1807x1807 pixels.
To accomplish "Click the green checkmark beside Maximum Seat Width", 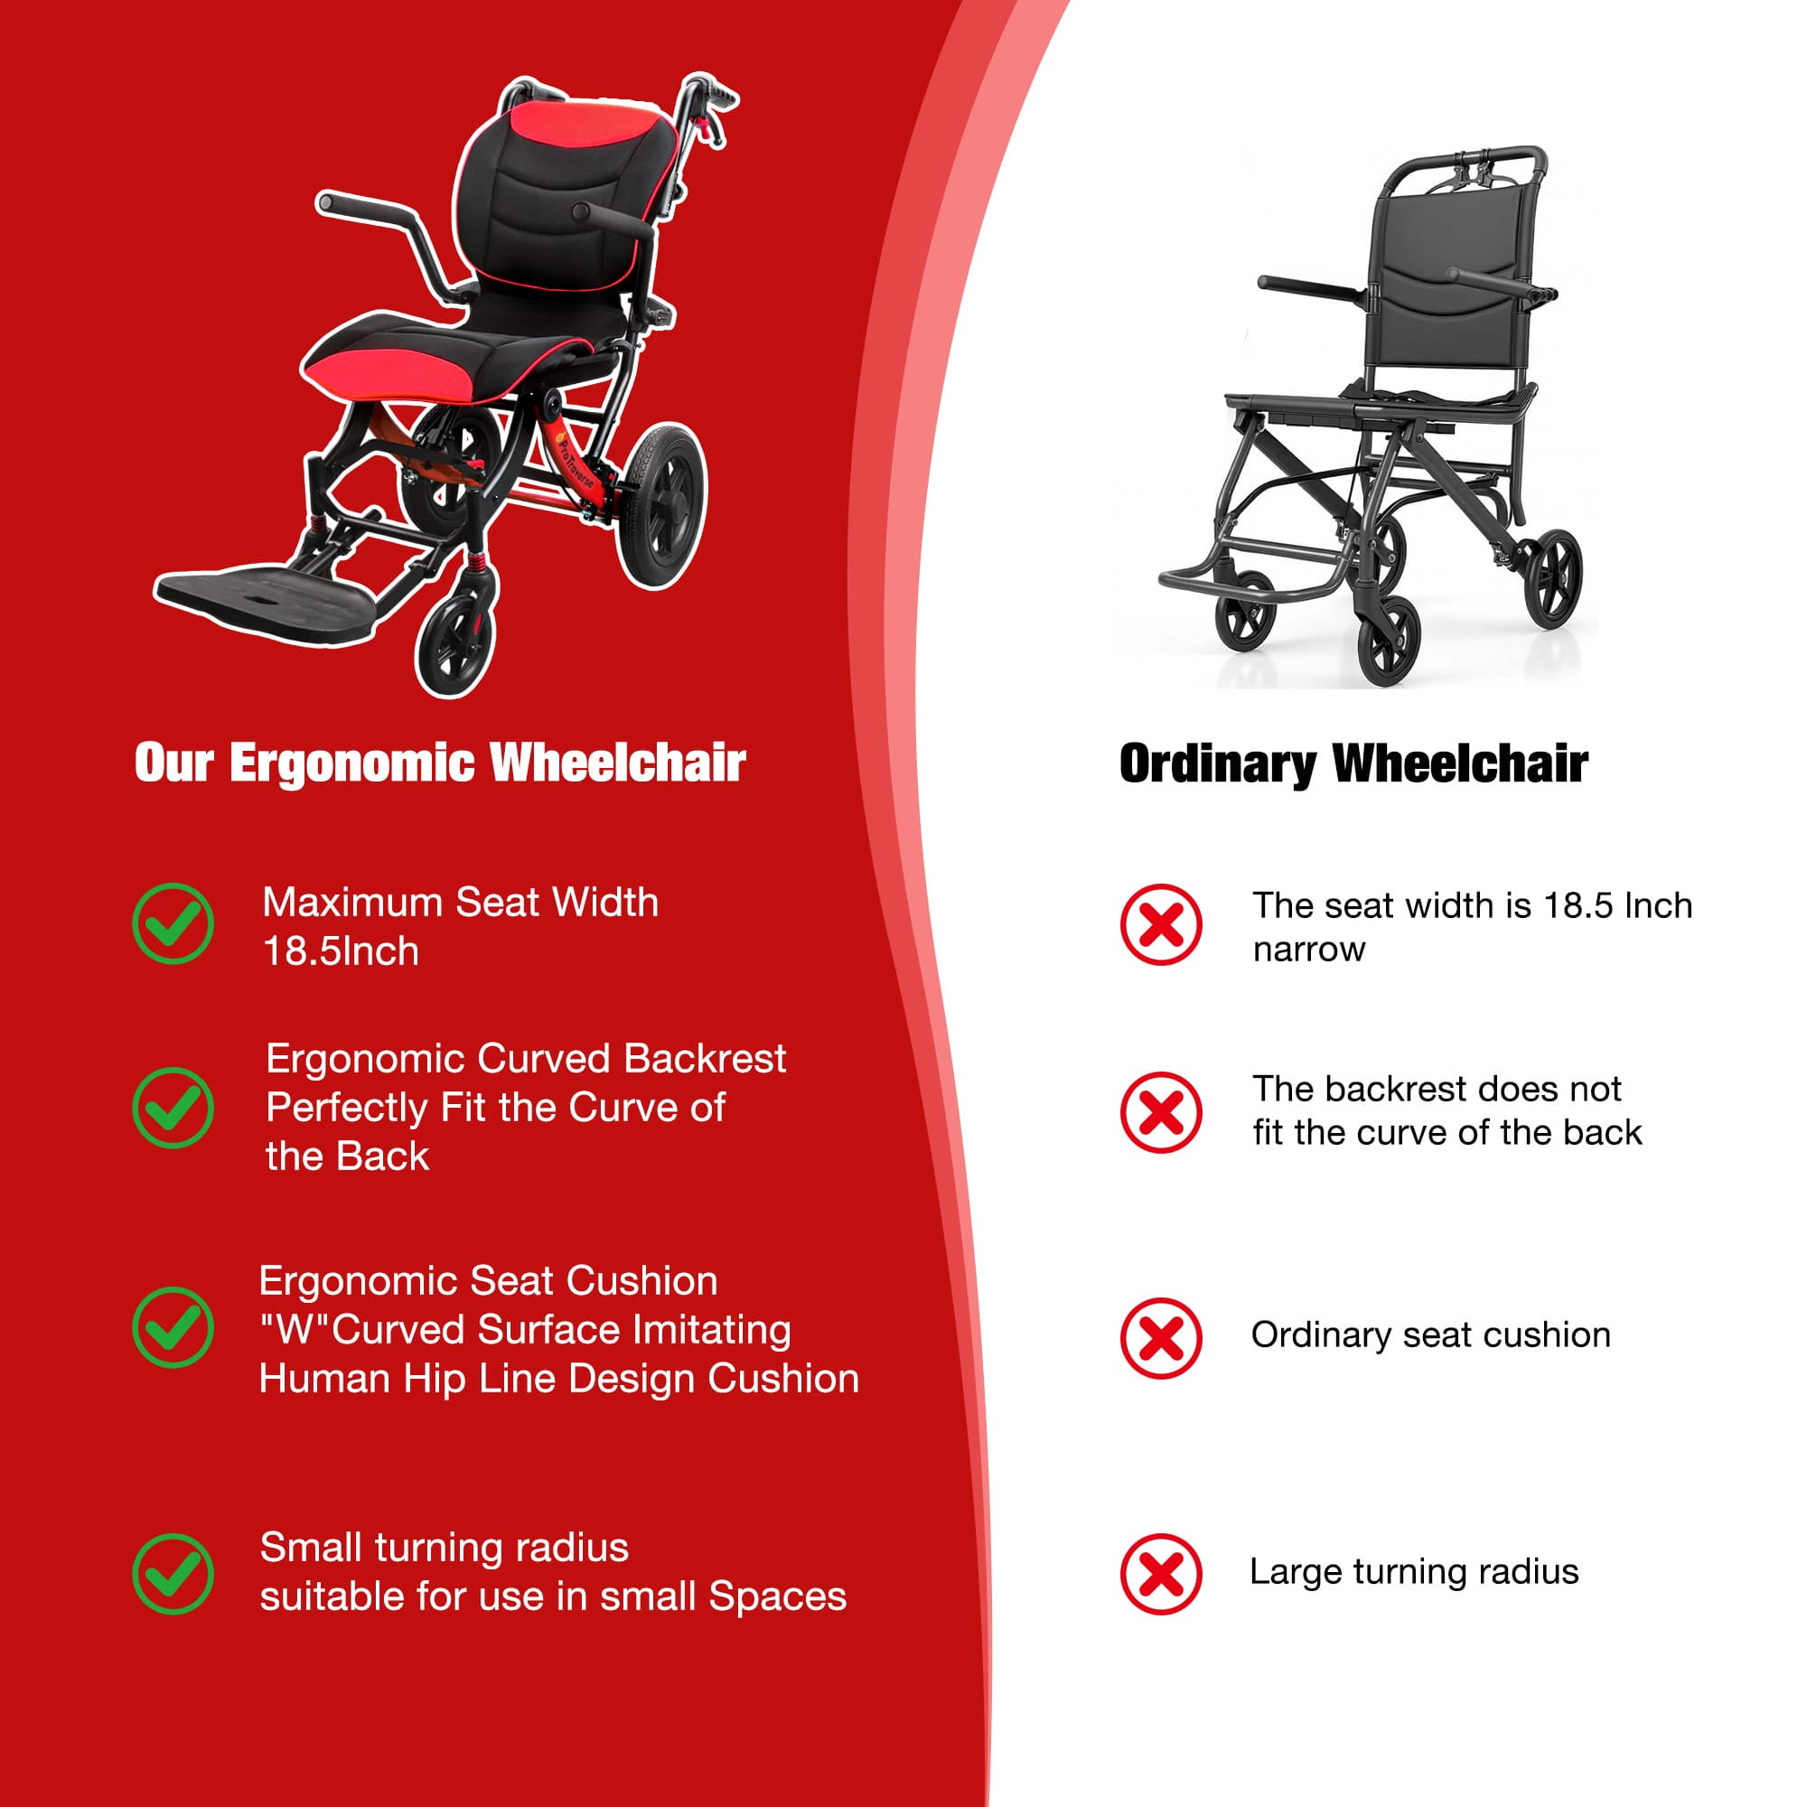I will [173, 923].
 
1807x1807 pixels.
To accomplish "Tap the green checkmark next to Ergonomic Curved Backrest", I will [173, 1108].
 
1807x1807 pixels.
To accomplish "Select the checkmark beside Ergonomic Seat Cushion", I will [173, 1327].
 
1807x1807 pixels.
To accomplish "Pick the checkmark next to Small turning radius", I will [173, 1573].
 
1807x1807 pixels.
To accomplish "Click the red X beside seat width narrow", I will [1160, 924].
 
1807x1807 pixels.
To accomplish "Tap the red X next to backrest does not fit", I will [1160, 1112].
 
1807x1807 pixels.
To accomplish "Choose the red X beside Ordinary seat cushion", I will [1160, 1337].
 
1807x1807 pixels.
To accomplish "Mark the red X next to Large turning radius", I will [1160, 1574].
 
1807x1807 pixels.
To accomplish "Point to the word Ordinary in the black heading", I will [1217, 764].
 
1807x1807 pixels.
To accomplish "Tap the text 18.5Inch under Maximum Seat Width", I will [341, 952].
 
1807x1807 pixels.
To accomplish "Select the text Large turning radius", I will [1413, 1571].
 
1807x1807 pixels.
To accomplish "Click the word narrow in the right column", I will [1308, 950].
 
